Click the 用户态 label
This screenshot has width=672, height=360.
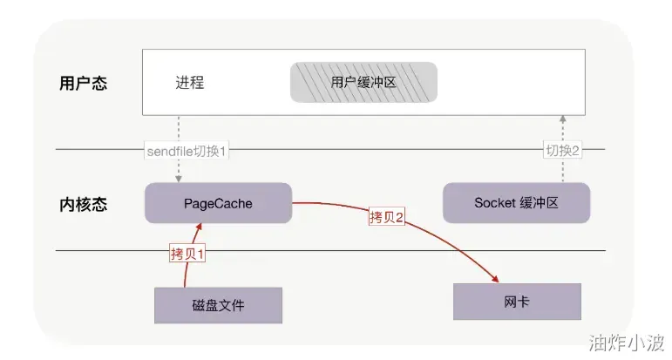(84, 85)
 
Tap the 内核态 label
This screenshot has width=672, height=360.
(84, 205)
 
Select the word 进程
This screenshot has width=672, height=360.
(189, 84)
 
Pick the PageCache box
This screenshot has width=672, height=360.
(218, 203)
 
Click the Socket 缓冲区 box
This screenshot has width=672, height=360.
(516, 203)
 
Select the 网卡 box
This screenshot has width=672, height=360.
(517, 302)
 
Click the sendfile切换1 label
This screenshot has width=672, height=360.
(187, 151)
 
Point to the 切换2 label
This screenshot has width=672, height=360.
(563, 151)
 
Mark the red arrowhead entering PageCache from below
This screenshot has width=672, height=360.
(200, 228)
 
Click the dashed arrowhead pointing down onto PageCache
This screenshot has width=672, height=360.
(179, 179)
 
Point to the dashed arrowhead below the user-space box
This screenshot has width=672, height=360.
(563, 119)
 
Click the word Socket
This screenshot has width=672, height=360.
(494, 203)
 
